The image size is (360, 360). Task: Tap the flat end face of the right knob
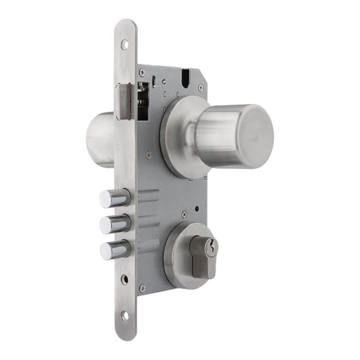tap(256, 136)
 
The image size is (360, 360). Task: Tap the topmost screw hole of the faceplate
tap(125, 45)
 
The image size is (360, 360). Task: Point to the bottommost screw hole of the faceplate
tap(125, 317)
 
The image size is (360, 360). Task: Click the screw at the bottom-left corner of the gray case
tap(143, 287)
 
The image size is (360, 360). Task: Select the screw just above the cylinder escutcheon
tap(184, 213)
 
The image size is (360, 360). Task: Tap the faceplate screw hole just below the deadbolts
tap(125, 280)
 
